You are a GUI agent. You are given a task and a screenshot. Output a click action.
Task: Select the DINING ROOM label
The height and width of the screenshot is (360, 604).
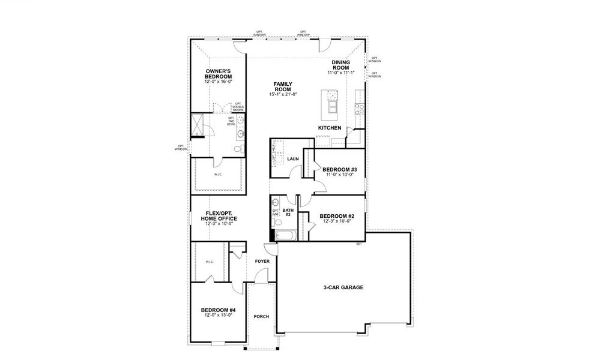(x=341, y=65)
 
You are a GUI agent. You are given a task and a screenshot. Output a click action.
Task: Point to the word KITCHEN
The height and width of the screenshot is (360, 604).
(x=330, y=128)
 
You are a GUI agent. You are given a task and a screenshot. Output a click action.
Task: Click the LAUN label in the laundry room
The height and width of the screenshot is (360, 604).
(x=293, y=159)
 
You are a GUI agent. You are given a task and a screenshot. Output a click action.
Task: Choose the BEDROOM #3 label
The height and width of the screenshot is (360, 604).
(x=339, y=170)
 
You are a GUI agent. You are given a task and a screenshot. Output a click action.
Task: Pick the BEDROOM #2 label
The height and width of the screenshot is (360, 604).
(x=336, y=216)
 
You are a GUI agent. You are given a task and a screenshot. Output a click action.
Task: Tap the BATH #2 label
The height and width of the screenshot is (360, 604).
(x=288, y=212)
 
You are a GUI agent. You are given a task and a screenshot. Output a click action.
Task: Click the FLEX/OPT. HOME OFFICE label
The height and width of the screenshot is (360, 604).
(x=219, y=216)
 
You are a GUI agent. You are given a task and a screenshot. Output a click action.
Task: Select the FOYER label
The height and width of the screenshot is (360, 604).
(x=262, y=262)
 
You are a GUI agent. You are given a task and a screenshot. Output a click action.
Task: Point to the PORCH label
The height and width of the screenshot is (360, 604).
(x=261, y=317)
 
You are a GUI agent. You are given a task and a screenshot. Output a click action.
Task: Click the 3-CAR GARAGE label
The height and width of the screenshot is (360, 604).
(x=343, y=287)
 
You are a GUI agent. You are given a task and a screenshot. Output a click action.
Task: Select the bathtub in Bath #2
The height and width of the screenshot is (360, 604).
(x=283, y=235)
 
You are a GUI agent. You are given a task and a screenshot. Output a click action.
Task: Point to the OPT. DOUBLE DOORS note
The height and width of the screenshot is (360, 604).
(x=238, y=107)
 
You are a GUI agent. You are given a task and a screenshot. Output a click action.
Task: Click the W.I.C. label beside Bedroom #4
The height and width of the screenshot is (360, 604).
(x=210, y=262)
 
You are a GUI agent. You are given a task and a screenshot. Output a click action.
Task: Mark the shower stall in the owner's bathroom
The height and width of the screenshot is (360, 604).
(x=197, y=125)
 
